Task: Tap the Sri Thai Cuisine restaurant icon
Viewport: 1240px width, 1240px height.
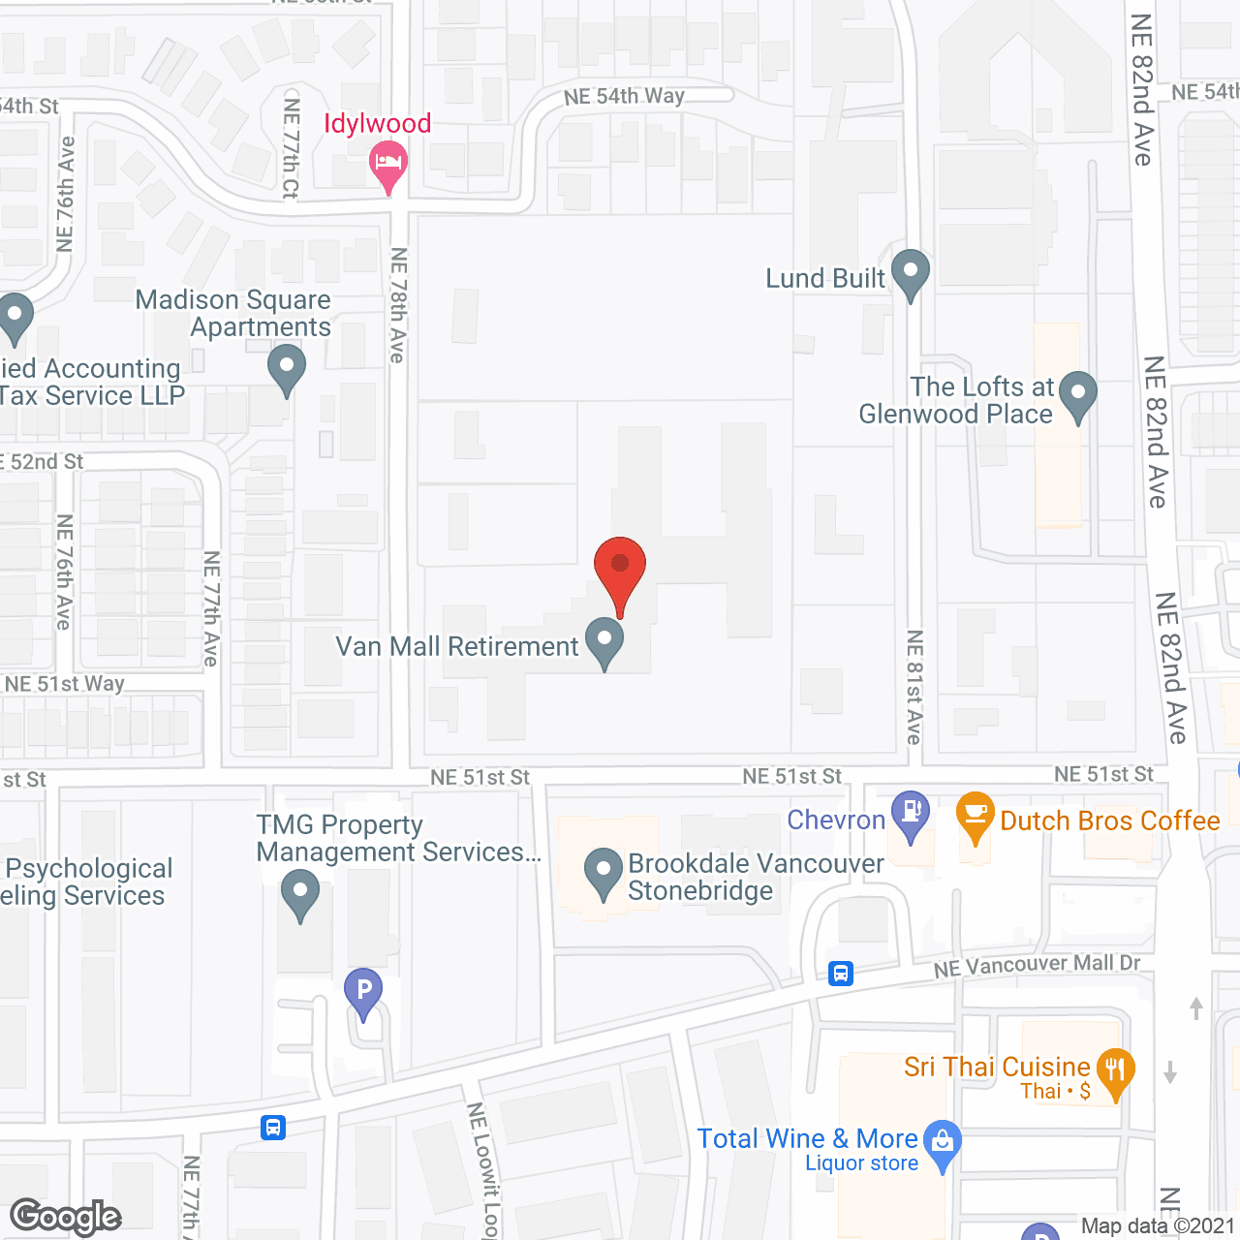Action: pos(1115,1071)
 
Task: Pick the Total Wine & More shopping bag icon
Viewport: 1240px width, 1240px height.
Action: pos(943,1143)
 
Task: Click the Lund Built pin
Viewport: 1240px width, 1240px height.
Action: pos(911,272)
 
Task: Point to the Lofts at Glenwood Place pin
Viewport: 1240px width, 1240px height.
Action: pos(1077,394)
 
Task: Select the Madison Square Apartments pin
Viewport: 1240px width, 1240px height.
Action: pos(287,369)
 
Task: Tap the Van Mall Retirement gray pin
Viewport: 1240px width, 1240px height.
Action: pos(604,640)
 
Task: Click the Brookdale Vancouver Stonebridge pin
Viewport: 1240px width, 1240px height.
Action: pos(604,871)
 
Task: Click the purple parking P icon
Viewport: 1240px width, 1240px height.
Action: pos(363,991)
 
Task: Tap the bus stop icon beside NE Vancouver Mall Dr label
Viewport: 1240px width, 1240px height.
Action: pos(841,974)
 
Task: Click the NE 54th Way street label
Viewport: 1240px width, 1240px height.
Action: pos(624,96)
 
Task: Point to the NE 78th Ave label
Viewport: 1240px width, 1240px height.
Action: pos(398,305)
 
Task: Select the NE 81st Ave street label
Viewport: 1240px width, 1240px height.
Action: pos(914,687)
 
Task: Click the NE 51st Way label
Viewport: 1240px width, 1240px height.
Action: pos(65,684)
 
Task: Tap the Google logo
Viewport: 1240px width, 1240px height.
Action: pos(65,1217)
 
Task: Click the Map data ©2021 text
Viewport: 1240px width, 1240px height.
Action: pos(1158,1226)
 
